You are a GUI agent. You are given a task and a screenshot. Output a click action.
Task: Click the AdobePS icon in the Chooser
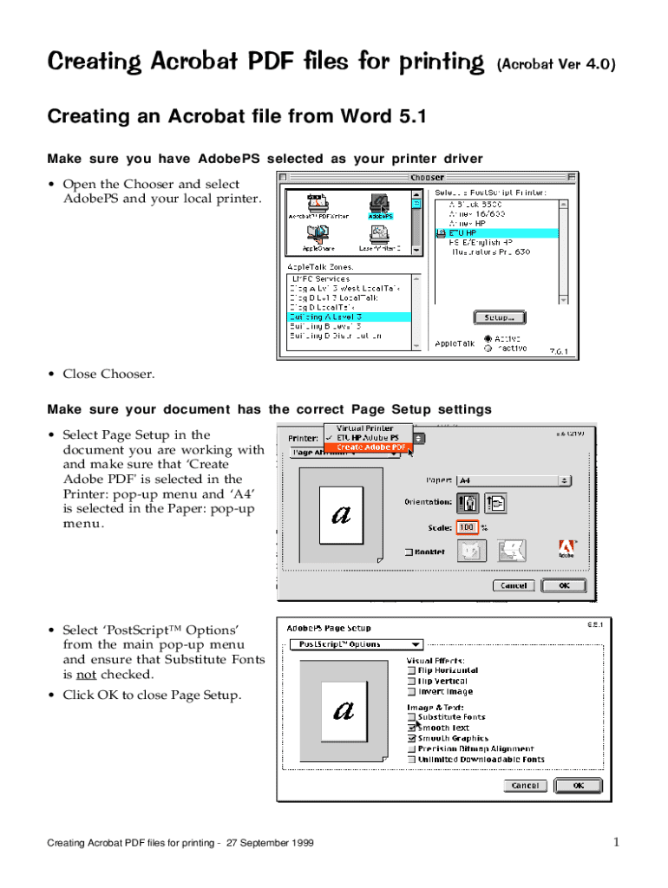pos(379,205)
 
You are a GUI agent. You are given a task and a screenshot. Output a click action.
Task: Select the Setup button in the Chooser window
pos(499,317)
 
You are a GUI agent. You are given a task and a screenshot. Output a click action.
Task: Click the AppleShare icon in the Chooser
pos(316,234)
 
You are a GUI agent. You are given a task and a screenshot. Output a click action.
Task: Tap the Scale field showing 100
pos(467,527)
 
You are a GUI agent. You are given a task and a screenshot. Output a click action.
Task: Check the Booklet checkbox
pos(409,552)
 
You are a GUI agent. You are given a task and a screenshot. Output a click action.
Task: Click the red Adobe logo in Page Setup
pos(566,549)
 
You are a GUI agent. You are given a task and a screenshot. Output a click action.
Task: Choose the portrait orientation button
pos(468,502)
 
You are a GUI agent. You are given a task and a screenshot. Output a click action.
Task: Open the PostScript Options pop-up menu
pos(356,644)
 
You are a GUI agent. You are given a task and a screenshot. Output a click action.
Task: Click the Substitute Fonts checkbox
pos(411,717)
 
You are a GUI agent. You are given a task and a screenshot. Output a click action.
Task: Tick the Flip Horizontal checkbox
pos(411,670)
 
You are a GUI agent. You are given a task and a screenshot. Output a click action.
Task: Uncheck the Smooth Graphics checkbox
pos(411,739)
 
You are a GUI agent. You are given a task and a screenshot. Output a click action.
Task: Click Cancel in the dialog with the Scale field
pos(514,585)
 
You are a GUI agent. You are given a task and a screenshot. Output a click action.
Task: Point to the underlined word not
pos(79,675)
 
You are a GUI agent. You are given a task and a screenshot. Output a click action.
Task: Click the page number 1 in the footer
pos(615,842)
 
